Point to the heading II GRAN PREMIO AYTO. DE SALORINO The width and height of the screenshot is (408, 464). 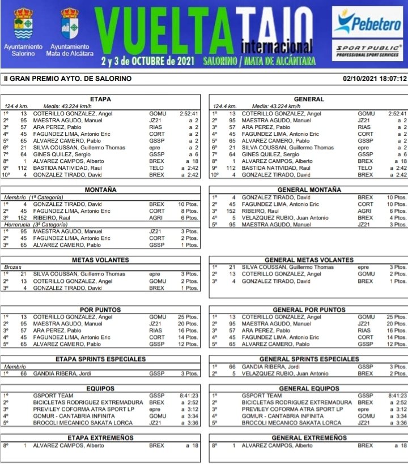click(x=67, y=79)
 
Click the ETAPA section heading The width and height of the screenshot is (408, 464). click(x=101, y=99)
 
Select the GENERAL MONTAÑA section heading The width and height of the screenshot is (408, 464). click(x=309, y=189)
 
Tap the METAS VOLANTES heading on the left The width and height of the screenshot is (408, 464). click(x=101, y=260)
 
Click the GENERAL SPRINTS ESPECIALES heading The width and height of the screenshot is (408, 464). click(x=309, y=359)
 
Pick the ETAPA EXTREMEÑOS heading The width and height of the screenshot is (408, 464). click(x=101, y=437)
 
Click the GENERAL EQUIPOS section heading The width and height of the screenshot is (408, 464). click(x=309, y=388)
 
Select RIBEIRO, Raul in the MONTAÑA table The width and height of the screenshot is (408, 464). click(x=53, y=218)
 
